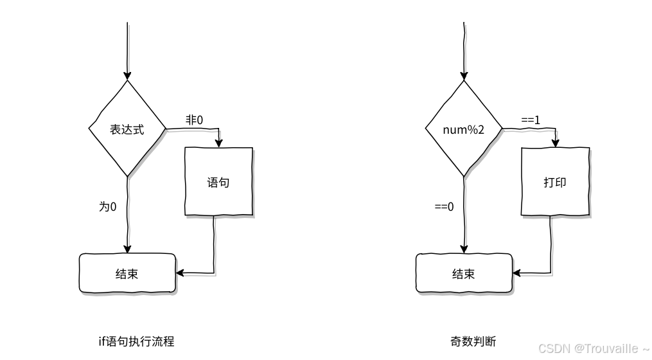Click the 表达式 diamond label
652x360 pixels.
point(127,129)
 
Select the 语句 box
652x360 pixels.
point(218,182)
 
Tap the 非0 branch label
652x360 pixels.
point(194,120)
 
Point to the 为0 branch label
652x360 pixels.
point(107,206)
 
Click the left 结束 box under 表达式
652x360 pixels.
point(127,274)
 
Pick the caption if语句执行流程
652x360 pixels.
point(136,341)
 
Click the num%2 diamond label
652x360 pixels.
point(464,129)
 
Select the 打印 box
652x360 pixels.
point(555,182)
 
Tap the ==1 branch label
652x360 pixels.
point(531,120)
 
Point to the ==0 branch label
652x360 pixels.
point(444,206)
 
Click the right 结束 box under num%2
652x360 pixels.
point(464,274)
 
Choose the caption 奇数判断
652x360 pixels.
point(473,341)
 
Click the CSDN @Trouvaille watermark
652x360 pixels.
point(593,348)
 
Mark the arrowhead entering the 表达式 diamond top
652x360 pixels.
point(127,75)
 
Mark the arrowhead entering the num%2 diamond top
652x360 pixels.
point(464,75)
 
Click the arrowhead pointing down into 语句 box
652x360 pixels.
point(220,143)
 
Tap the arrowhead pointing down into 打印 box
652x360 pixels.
point(556,143)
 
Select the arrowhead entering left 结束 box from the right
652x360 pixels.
point(180,273)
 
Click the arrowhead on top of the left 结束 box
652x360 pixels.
point(127,249)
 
